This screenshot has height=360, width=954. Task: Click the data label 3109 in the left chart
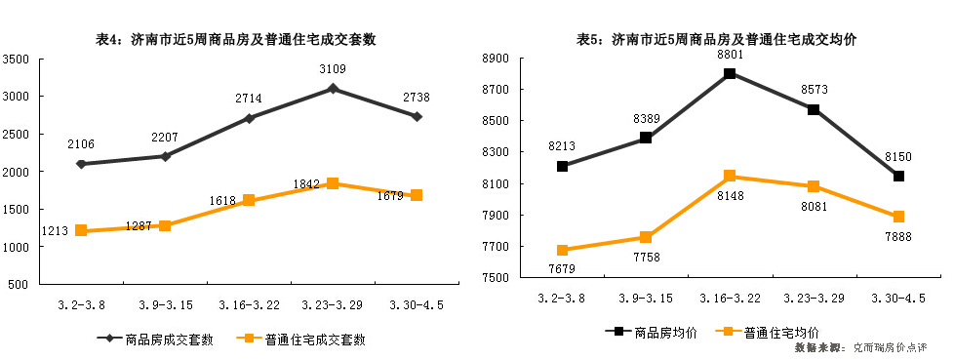pyautogui.click(x=333, y=69)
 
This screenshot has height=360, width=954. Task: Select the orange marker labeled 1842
pyautogui.click(x=333, y=183)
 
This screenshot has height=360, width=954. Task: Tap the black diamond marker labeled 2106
pyautogui.click(x=81, y=164)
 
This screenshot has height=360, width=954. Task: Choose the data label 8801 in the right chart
pyautogui.click(x=730, y=55)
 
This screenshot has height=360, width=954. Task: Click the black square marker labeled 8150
pyautogui.click(x=897, y=176)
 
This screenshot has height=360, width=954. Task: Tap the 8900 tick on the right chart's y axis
pyautogui.click(x=496, y=59)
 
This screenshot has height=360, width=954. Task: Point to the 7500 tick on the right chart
pyautogui.click(x=496, y=278)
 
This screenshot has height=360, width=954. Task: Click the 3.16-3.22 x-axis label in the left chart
pyautogui.click(x=249, y=304)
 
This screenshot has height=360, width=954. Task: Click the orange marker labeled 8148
pyautogui.click(x=730, y=176)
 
